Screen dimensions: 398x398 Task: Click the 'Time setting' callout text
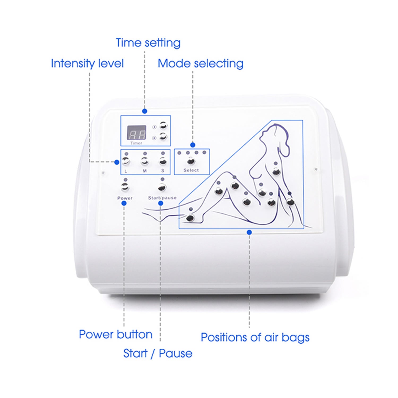click(x=148, y=43)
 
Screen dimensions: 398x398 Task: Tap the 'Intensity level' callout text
click(x=87, y=64)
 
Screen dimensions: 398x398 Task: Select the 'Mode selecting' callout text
click(x=201, y=64)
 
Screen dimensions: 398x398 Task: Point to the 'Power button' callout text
click(x=116, y=334)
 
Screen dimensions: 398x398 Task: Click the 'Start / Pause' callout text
click(x=158, y=353)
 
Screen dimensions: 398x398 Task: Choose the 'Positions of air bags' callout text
click(x=255, y=338)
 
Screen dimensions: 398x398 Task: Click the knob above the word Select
click(x=191, y=161)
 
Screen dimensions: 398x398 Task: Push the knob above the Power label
click(x=125, y=187)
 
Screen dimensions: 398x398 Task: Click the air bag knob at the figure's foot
click(x=190, y=218)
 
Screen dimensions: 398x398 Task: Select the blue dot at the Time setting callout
click(x=145, y=111)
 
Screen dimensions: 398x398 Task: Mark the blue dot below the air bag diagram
click(x=249, y=232)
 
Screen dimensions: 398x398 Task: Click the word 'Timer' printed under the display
click(x=136, y=143)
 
